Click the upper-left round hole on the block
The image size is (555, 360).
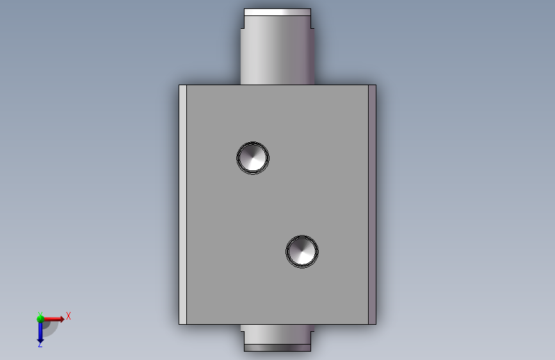click(x=253, y=158)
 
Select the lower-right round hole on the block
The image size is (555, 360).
click(x=302, y=252)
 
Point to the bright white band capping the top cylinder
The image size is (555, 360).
click(x=278, y=12)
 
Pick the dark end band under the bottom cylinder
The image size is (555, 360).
click(x=278, y=348)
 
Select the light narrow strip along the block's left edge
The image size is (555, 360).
click(x=182, y=204)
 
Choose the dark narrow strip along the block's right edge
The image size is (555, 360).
click(x=372, y=204)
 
